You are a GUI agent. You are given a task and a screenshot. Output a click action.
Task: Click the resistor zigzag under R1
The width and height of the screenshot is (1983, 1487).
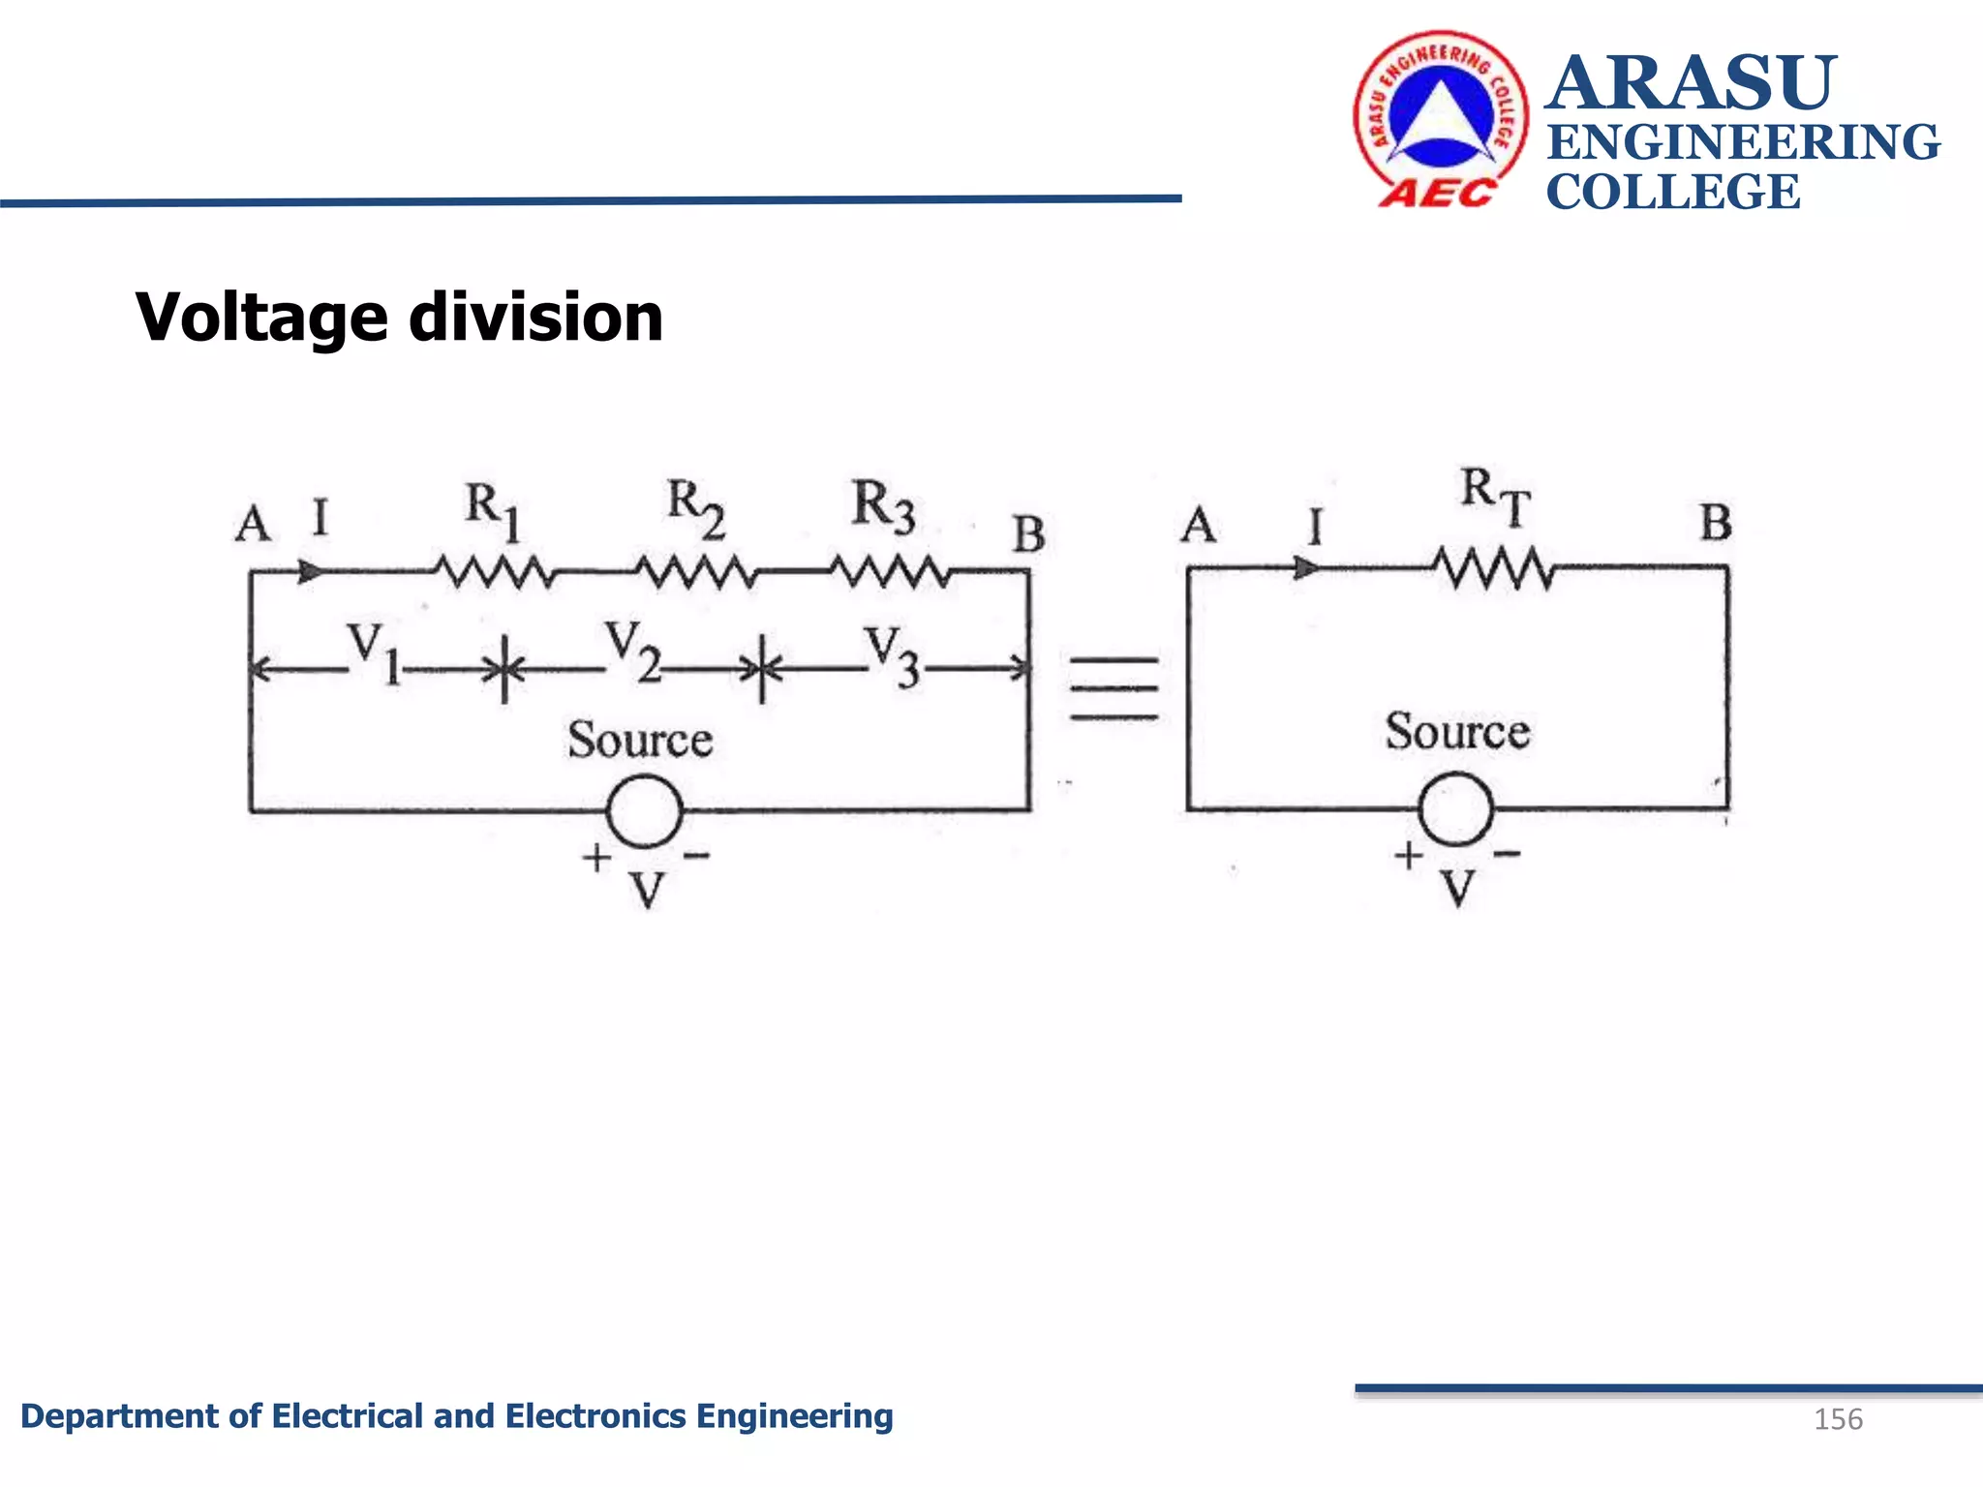coord(494,571)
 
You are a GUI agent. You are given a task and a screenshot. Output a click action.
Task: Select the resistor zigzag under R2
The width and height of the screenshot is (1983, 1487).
coord(695,572)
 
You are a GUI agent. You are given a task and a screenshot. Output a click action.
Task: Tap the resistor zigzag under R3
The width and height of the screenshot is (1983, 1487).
coord(890,571)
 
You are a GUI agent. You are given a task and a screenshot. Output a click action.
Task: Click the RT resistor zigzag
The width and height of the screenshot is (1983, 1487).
coord(1495,568)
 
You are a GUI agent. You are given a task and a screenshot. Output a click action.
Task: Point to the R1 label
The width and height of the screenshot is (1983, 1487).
coord(493,511)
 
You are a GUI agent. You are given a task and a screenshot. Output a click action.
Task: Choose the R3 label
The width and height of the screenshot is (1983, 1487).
coord(883,506)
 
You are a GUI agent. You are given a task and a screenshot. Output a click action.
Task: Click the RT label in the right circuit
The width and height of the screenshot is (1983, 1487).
coord(1495,496)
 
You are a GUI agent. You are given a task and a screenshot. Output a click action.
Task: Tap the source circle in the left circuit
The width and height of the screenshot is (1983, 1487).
coord(644,810)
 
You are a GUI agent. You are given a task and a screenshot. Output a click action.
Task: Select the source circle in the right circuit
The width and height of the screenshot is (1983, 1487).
coord(1455,809)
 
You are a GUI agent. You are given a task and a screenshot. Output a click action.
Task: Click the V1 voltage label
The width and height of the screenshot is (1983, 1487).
coord(374,652)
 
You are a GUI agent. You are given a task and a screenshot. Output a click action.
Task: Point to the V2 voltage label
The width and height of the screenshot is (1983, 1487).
coord(632,651)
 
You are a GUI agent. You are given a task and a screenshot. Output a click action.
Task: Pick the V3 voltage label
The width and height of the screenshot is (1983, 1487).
coord(891,655)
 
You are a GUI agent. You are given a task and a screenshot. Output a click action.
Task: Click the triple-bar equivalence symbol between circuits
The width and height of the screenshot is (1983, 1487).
coord(1114,688)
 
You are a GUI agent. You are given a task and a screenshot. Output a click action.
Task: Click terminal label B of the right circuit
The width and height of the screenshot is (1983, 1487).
coord(1716,523)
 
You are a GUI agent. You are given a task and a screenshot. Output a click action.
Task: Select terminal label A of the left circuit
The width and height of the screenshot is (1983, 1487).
coord(253,524)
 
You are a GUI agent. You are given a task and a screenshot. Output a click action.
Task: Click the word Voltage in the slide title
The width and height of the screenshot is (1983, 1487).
coord(261,319)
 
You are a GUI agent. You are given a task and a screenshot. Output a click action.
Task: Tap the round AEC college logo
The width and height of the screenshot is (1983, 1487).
coord(1441,119)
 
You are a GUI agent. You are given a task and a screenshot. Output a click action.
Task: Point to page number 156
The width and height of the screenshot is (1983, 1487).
coord(1837,1419)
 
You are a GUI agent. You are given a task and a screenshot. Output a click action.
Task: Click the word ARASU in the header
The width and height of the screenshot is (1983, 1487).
coord(1691,83)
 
